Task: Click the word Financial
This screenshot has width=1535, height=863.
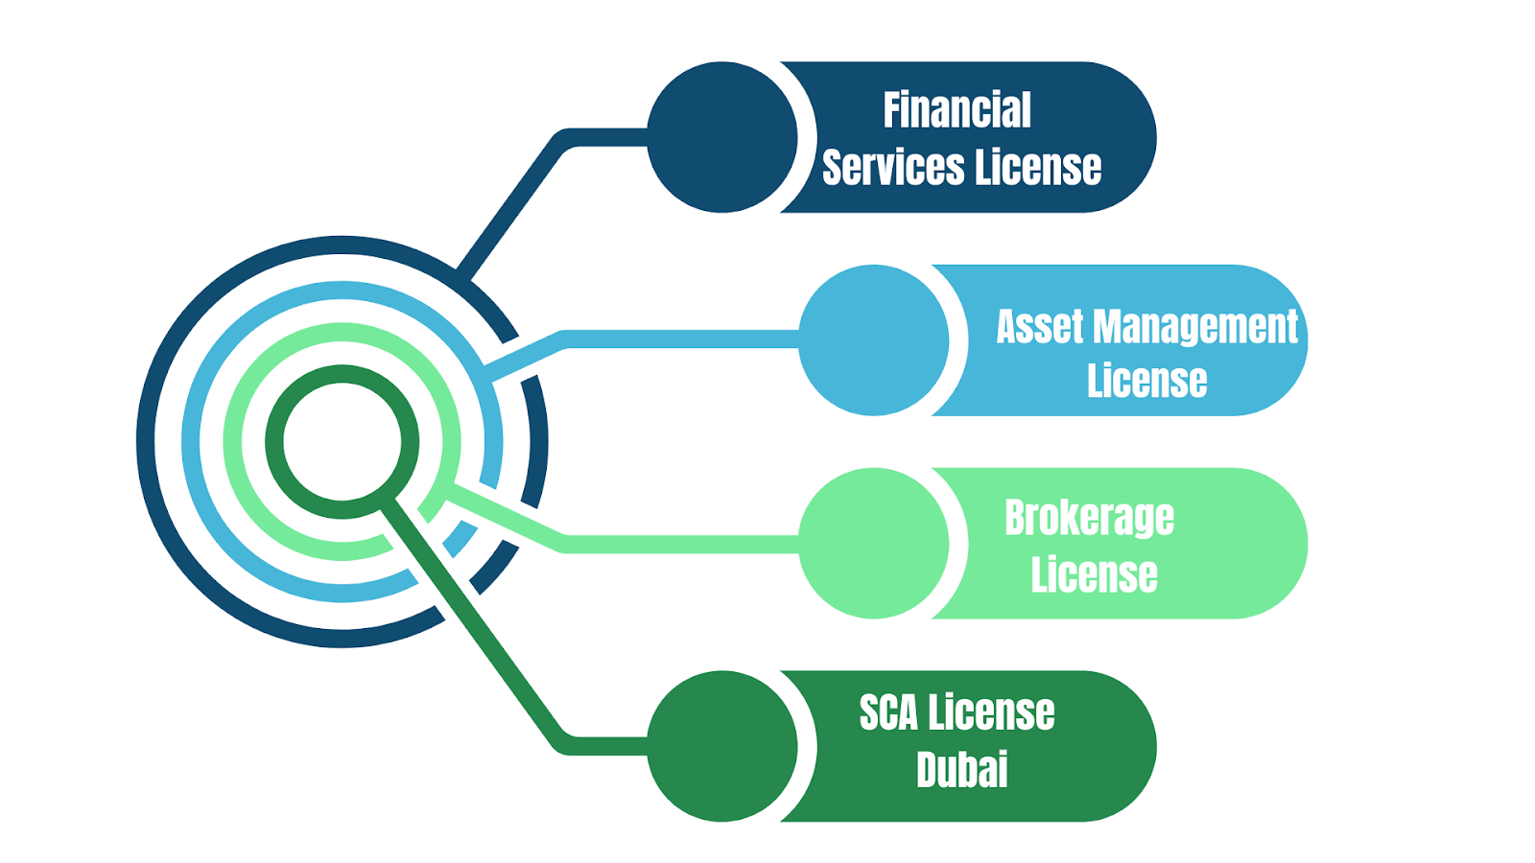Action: pos(956,110)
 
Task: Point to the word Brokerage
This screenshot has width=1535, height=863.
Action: pos(1089,519)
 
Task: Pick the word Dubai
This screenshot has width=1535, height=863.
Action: pos(962,770)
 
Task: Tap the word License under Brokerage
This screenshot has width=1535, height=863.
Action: pos(1094,574)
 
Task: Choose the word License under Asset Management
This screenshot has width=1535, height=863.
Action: pos(1146,381)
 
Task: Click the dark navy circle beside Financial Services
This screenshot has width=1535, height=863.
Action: pos(722,137)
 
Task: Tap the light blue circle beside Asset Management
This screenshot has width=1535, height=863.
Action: pos(874,340)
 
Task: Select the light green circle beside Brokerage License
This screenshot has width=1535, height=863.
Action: pos(874,543)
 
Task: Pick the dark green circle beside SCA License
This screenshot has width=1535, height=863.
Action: pos(722,746)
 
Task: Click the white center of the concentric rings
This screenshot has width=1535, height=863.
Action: pos(342,441)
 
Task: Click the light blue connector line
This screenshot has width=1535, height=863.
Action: pos(672,339)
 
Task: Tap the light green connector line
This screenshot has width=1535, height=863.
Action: pos(672,544)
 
